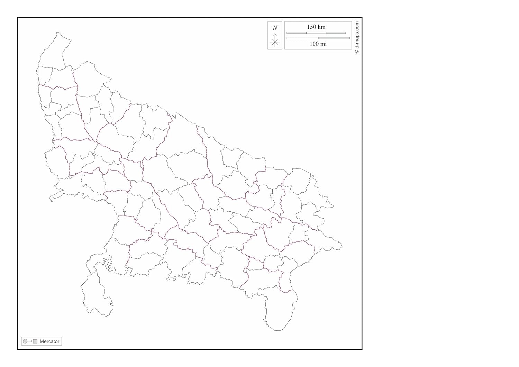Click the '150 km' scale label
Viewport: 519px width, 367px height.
point(316,27)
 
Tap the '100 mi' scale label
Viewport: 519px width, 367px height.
point(318,44)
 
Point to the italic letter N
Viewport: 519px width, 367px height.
point(275,28)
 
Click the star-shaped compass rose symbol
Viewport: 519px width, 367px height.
point(275,43)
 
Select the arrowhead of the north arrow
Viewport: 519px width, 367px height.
point(275,35)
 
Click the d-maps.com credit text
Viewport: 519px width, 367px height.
point(357,35)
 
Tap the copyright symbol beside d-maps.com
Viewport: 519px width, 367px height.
point(357,52)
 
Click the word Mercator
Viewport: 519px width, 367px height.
point(49,341)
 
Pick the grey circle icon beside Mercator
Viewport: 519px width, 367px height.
point(25,341)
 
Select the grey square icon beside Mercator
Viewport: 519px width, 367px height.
point(35,341)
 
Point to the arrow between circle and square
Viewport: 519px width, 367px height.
point(30,341)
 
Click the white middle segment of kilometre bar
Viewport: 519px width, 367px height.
point(316,33)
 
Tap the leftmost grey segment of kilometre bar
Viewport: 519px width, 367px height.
point(296,33)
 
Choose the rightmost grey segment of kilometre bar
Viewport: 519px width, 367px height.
point(336,33)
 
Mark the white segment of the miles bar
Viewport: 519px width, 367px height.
point(302,38)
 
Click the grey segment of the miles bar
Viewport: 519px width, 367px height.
point(334,38)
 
